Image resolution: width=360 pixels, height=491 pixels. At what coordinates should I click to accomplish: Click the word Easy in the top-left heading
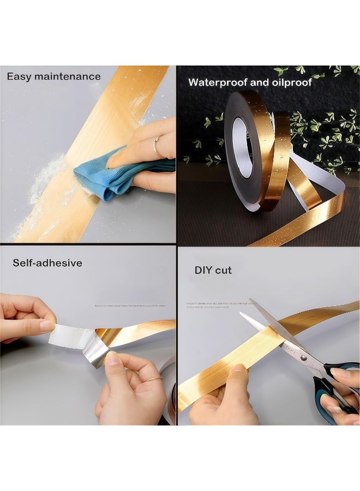tap(20, 76)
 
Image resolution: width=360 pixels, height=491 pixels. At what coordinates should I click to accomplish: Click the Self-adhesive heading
tap(47, 263)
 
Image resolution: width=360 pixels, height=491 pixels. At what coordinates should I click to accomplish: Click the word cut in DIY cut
tap(224, 270)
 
